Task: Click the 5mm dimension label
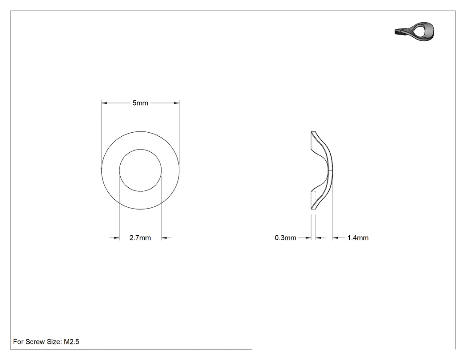click(140, 103)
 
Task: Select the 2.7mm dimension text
click(140, 238)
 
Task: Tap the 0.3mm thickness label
click(285, 238)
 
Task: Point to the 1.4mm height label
click(358, 238)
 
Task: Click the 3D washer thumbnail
click(415, 31)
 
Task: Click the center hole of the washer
click(140, 170)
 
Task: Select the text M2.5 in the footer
click(71, 342)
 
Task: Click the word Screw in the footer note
click(35, 342)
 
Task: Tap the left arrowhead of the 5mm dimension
click(104, 103)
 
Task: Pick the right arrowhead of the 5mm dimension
click(177, 103)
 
